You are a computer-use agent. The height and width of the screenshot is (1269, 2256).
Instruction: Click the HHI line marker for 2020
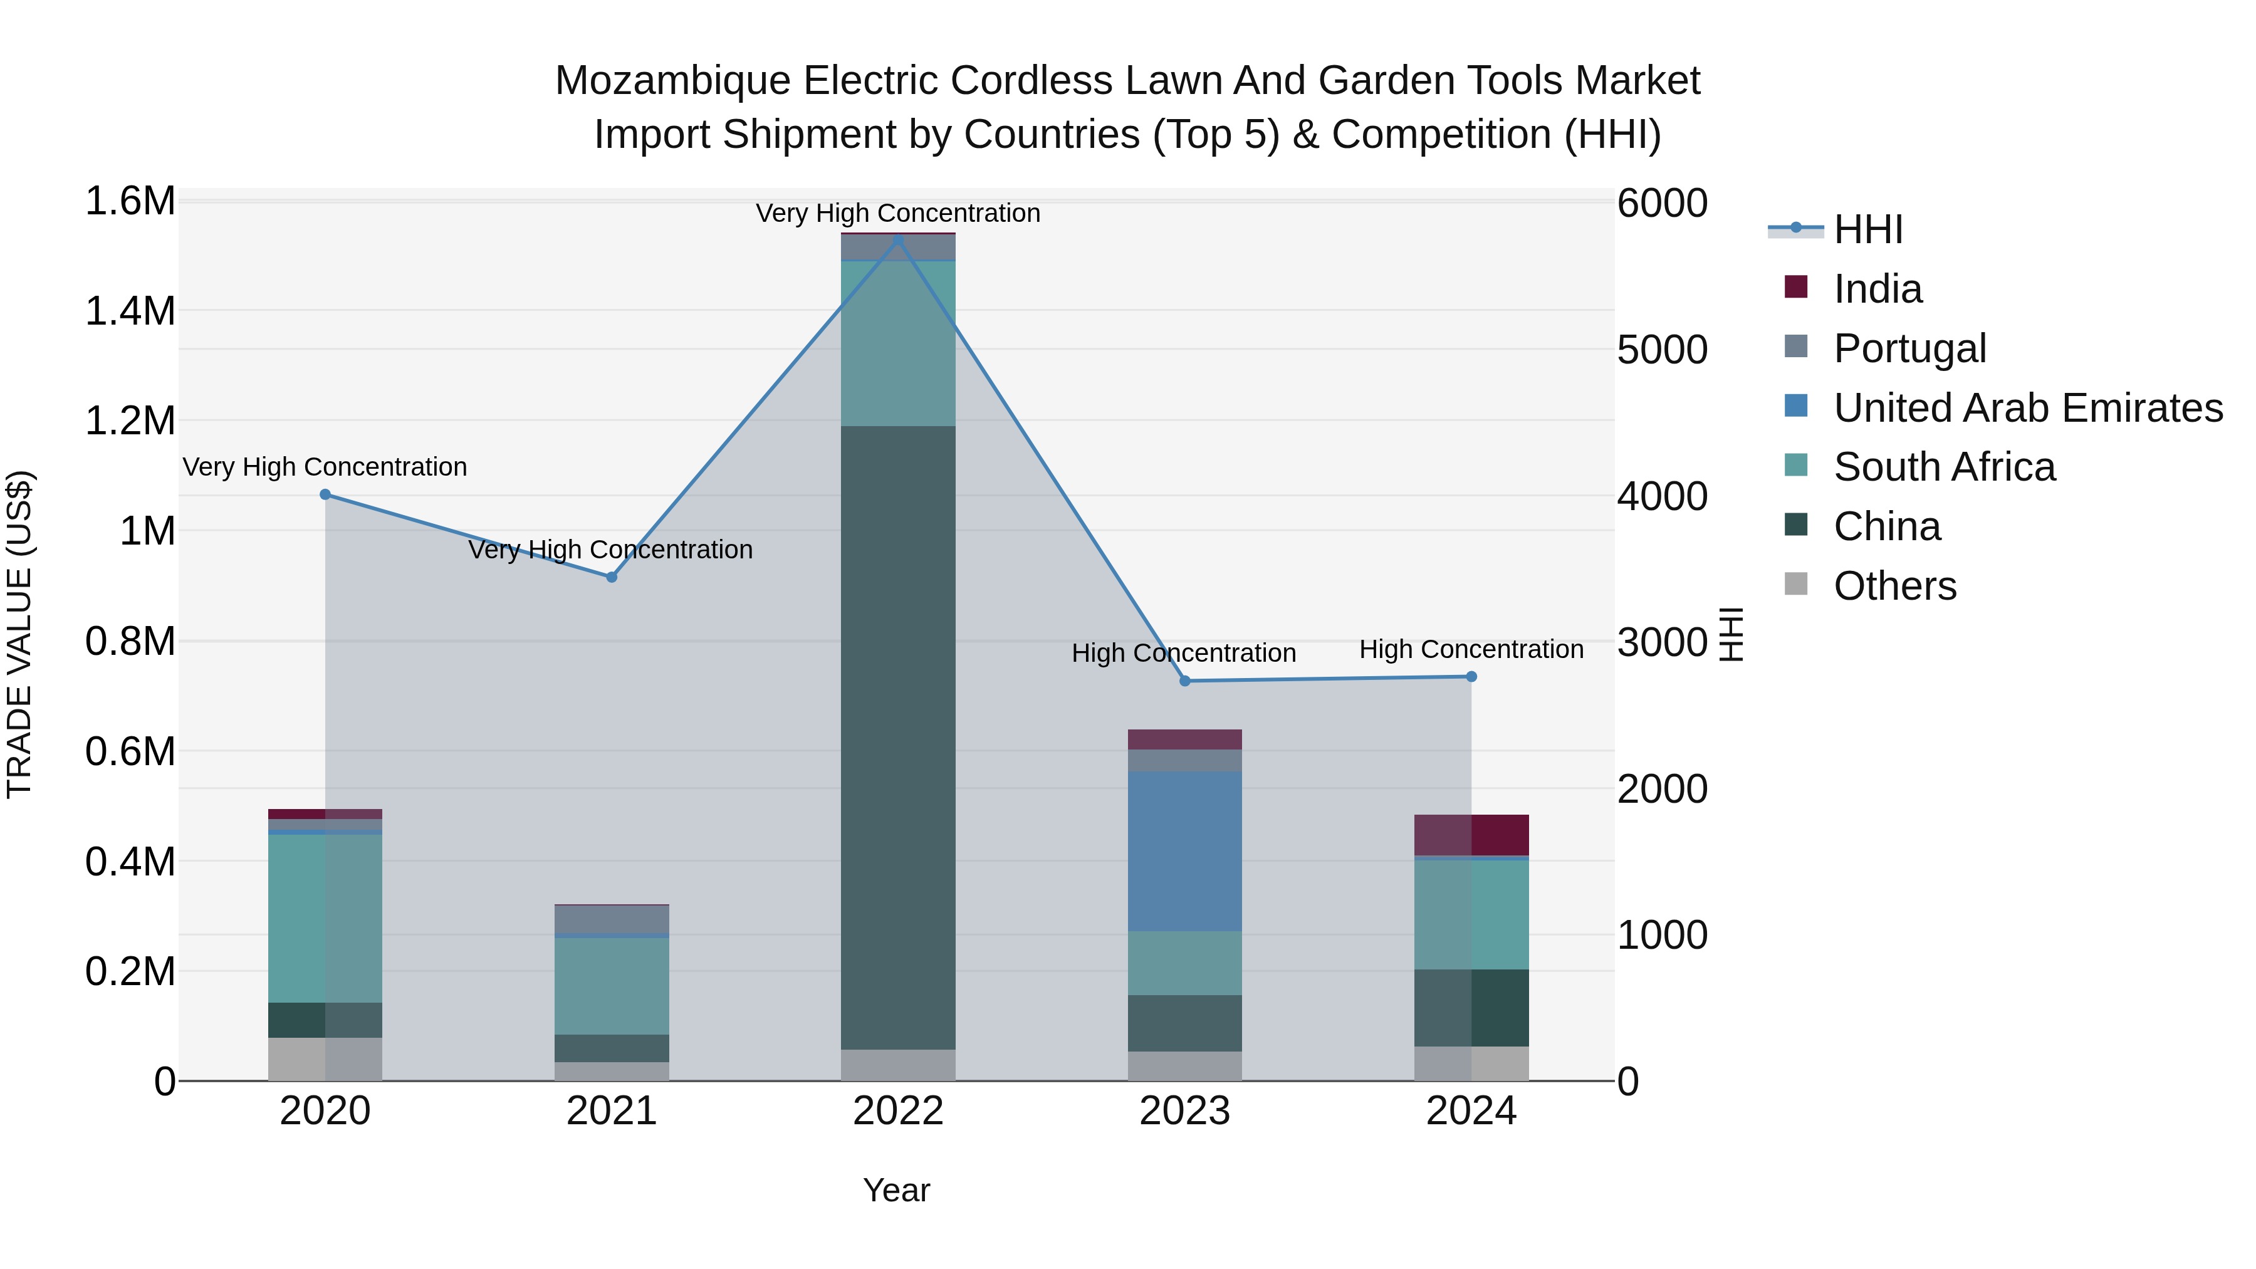tap(325, 495)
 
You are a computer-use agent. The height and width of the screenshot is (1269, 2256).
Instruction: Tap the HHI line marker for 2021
tap(611, 577)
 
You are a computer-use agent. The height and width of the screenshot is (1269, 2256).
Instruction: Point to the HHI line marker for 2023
tap(1185, 681)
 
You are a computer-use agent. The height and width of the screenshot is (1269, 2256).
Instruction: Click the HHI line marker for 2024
tap(1471, 676)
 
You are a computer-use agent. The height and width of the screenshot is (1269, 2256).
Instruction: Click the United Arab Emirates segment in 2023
tap(1185, 851)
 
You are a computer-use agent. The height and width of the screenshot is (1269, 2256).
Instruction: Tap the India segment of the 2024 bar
tap(1471, 835)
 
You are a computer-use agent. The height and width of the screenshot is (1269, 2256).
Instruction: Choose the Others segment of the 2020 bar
tap(325, 1059)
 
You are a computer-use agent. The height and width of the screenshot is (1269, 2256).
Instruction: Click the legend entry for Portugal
tap(1909, 348)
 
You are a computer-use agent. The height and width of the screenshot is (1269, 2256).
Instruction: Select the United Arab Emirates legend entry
tap(2027, 408)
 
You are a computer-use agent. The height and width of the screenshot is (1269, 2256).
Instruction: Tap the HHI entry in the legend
tap(1867, 229)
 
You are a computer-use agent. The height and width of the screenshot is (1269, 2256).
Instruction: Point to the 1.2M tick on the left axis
tap(130, 421)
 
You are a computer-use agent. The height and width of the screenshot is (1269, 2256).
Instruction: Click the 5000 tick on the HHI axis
tap(1661, 350)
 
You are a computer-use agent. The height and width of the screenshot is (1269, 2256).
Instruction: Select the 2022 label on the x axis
tap(897, 1111)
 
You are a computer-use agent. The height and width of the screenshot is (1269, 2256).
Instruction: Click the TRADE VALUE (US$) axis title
tap(19, 634)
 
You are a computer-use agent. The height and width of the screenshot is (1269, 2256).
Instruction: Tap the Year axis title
tap(896, 1190)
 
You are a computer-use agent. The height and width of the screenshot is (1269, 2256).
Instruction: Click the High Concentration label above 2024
tap(1471, 649)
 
